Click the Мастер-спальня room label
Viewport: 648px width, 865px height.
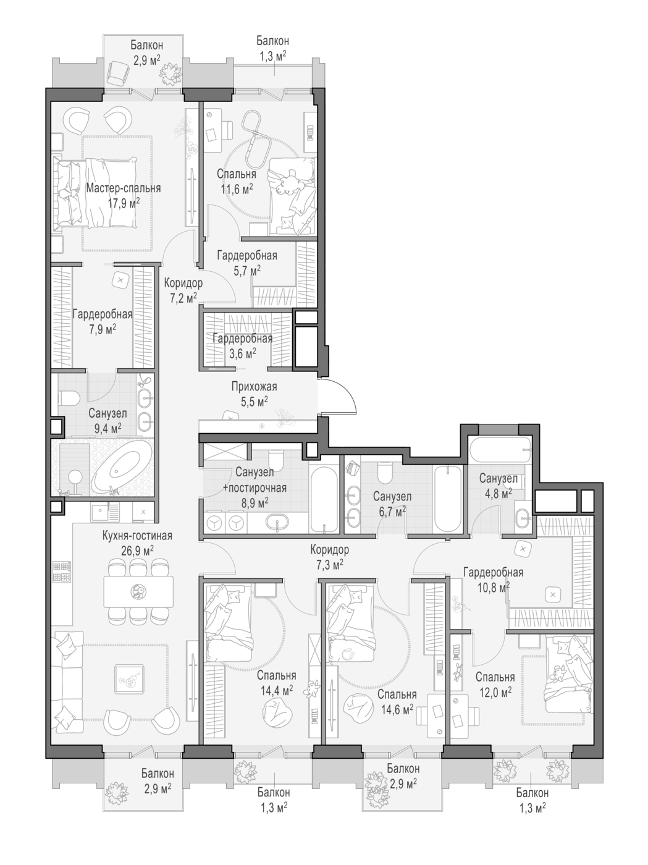tap(124, 188)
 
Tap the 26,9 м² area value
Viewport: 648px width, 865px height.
tap(137, 550)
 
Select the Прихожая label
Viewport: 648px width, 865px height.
tap(254, 387)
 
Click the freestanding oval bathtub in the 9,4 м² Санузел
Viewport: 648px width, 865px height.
tap(122, 467)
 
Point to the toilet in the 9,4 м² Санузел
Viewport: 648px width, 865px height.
tap(69, 398)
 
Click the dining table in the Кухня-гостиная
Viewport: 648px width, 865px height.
tap(138, 592)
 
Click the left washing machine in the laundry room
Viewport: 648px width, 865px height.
tap(214, 523)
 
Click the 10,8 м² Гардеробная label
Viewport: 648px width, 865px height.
tap(493, 572)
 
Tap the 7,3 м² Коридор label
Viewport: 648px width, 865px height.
tap(329, 549)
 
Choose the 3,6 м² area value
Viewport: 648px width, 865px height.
tap(243, 353)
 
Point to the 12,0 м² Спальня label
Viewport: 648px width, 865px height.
tap(495, 677)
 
